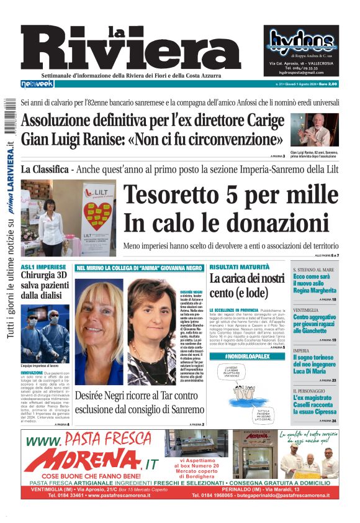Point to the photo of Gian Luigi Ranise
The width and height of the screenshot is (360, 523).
pyautogui.click(x=318, y=130)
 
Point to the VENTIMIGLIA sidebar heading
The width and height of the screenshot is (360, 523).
pyautogui.click(x=306, y=310)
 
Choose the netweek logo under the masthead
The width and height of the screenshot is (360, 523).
pyautogui.click(x=37, y=83)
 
